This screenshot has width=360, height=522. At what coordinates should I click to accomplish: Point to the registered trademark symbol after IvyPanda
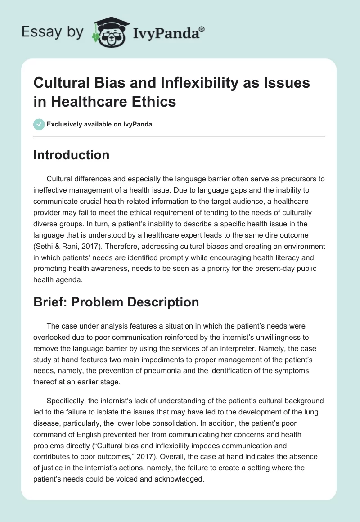pos(202,28)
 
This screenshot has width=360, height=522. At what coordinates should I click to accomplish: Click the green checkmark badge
pos(40,124)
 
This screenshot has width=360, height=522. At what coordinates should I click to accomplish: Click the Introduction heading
pos(72,155)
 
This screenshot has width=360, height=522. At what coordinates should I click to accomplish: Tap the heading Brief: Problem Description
pos(116,302)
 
